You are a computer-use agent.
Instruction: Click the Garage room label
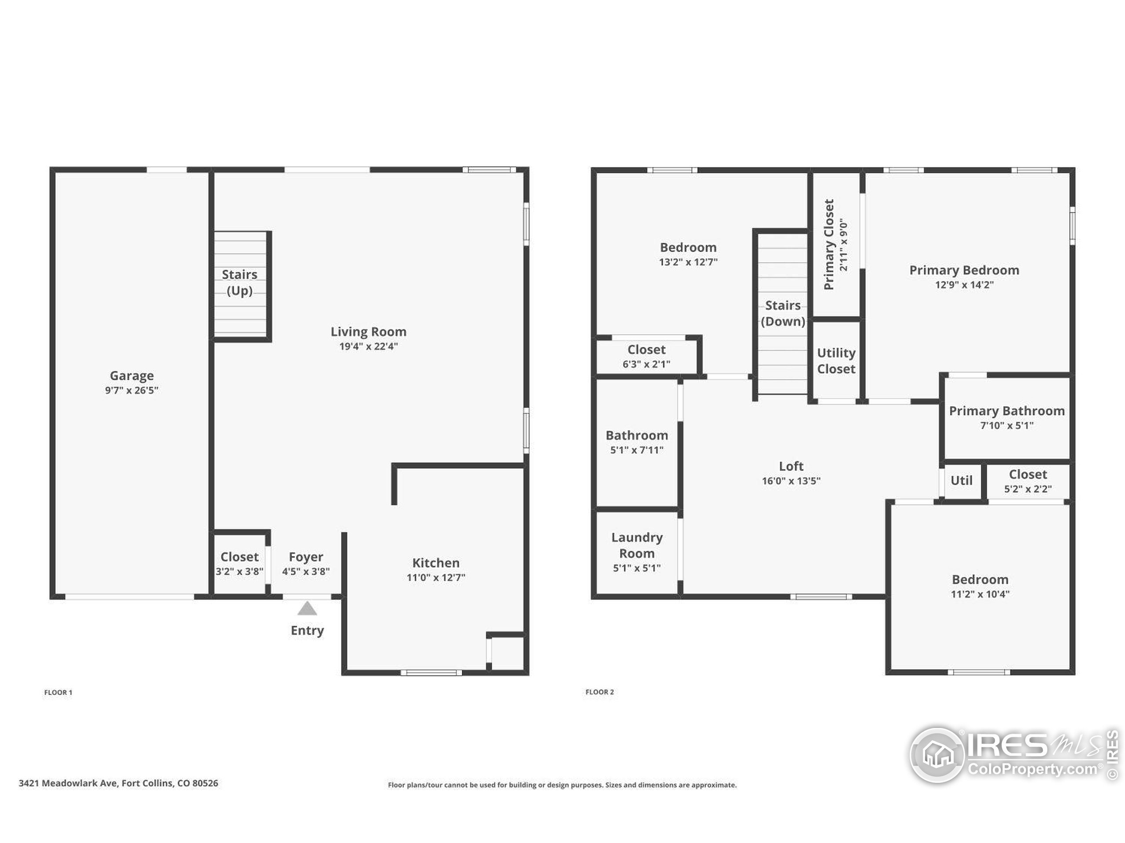pos(132,375)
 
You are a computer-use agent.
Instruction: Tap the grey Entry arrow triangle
pos(307,608)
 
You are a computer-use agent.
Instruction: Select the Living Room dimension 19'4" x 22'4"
pos(369,346)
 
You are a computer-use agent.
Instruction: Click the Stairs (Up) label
pos(240,282)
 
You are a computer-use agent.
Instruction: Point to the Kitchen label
pos(436,562)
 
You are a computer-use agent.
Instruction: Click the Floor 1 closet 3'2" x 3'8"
pos(240,564)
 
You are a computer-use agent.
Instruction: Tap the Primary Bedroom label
pos(964,270)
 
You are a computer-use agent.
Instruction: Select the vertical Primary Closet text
pos(829,245)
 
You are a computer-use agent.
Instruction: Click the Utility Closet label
pos(836,361)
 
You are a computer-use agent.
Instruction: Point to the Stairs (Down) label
pos(783,313)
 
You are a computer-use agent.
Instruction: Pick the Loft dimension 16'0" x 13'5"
pos(791,481)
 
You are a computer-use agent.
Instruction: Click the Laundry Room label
pos(637,545)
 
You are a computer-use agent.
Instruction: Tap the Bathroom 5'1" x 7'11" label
pos(637,442)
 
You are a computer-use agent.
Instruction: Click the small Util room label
pos(961,481)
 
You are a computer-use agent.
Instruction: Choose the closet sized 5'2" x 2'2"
pos(1028,481)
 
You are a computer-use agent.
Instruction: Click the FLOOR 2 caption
pos(599,692)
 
